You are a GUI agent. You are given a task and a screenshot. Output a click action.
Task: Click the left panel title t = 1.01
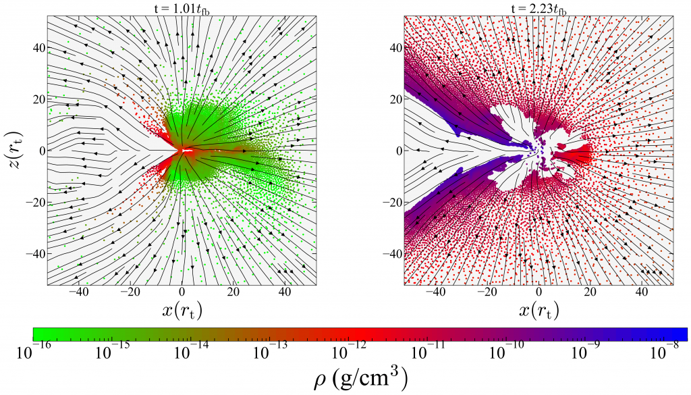182,9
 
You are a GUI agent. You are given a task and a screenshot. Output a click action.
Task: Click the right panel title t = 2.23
538,9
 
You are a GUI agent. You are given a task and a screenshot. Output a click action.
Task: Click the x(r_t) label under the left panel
182,311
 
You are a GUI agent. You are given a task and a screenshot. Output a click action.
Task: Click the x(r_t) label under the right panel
538,311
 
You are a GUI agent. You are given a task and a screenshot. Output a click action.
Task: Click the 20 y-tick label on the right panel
395,99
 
